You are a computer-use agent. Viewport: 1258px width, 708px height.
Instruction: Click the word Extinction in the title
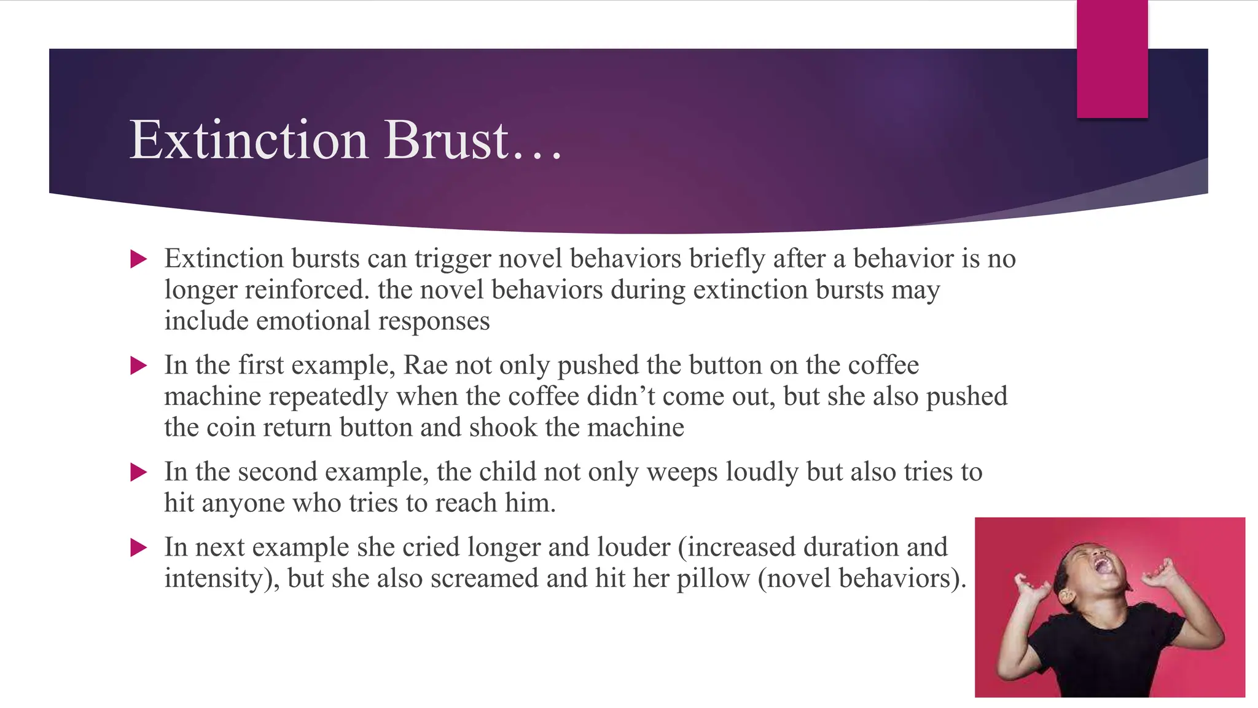249,140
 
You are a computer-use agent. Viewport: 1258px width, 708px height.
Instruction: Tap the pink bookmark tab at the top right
1112,59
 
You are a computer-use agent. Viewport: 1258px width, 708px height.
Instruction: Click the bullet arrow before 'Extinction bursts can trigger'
139,259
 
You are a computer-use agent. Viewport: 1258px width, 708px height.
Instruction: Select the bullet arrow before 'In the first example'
139,366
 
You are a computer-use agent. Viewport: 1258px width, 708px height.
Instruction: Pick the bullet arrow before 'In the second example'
139,473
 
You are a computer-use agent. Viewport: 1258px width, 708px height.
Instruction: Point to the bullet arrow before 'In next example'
139,548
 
